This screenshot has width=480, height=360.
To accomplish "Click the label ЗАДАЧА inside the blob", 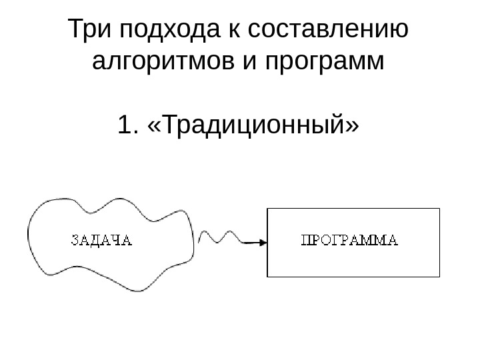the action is [x=101, y=240].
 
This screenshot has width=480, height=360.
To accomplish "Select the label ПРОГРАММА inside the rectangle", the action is [x=350, y=241].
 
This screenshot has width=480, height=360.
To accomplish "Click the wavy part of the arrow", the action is [x=220, y=237].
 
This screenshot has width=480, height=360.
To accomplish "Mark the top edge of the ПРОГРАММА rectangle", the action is [x=353, y=209].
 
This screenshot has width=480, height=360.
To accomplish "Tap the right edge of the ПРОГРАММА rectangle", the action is [x=440, y=242].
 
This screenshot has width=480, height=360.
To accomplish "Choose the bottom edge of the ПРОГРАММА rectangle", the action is [x=353, y=275].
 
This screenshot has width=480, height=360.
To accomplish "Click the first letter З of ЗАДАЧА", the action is [x=74, y=240].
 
